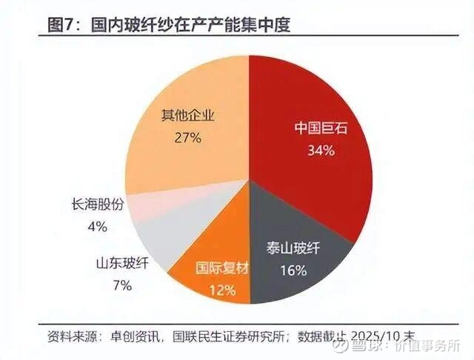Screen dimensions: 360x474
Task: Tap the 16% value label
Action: click(x=294, y=270)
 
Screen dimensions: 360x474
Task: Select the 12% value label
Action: click(x=221, y=288)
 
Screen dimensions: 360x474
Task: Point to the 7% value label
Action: click(x=122, y=284)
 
